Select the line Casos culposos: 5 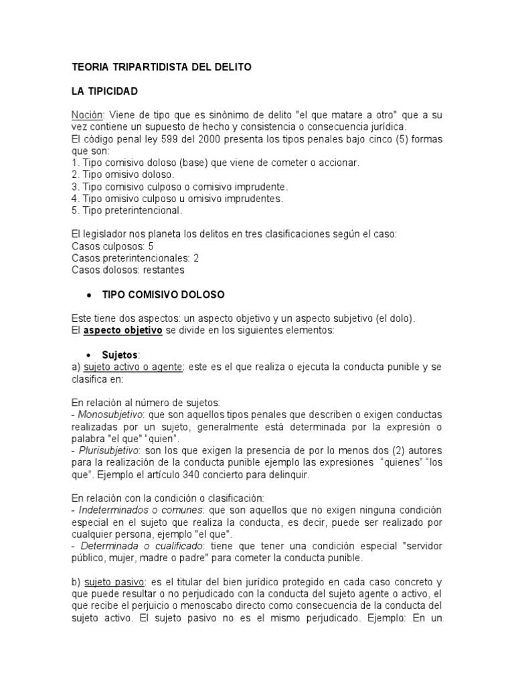tap(112, 246)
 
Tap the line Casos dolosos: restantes tap(127, 270)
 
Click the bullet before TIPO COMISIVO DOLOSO tap(89, 294)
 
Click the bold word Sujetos tap(121, 354)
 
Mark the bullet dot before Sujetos tap(89, 354)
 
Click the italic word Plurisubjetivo tap(106, 450)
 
